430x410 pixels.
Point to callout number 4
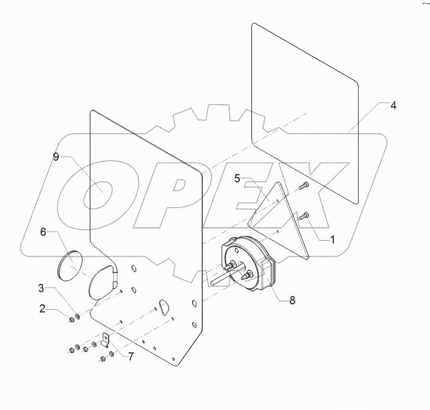pos(393,105)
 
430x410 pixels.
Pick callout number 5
pos(238,178)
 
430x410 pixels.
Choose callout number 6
pos(43,232)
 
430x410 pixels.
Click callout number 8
pos(293,301)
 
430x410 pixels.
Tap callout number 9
pos(56,157)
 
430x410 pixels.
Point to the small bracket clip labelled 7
pos(107,343)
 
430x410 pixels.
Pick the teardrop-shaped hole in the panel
pos(164,306)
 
